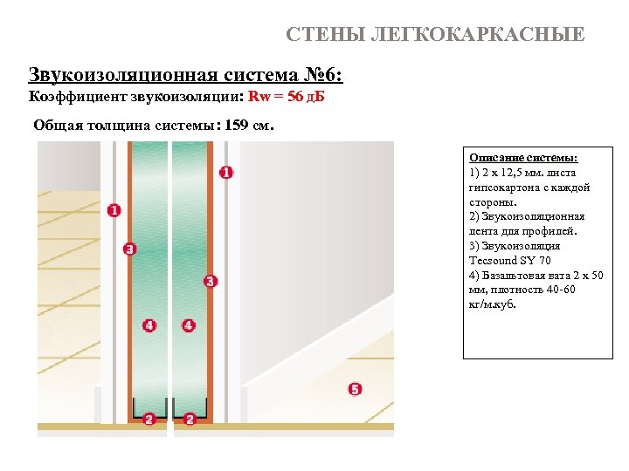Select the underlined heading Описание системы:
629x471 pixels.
coord(523,158)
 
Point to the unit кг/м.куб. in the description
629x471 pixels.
coord(493,305)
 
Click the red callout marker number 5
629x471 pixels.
coord(355,389)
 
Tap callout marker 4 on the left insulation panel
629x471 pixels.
coord(149,325)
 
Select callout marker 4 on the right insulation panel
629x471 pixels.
coord(189,325)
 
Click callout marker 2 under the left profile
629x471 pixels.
coord(149,420)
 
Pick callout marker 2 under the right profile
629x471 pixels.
coord(190,420)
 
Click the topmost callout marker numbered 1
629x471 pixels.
coord(226,173)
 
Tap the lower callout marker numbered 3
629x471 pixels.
coord(210,281)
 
